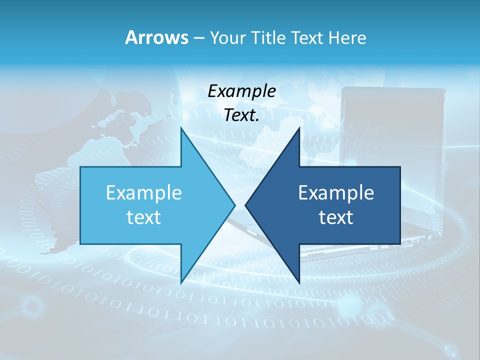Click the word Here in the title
pyautogui.click(x=347, y=38)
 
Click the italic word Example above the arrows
pyautogui.click(x=242, y=91)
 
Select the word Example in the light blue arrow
pyautogui.click(x=144, y=192)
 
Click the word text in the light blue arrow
pyautogui.click(x=144, y=217)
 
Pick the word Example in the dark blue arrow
pyautogui.click(x=336, y=192)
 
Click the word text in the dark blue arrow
pyautogui.click(x=336, y=217)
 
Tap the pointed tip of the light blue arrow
pyautogui.click(x=234, y=205)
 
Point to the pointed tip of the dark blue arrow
pyautogui.click(x=245, y=205)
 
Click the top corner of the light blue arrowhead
pyautogui.click(x=181, y=128)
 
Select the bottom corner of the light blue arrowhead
pyautogui.click(x=181, y=282)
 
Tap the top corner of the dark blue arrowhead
pyautogui.click(x=299, y=128)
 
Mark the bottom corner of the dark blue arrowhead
pyautogui.click(x=299, y=282)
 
